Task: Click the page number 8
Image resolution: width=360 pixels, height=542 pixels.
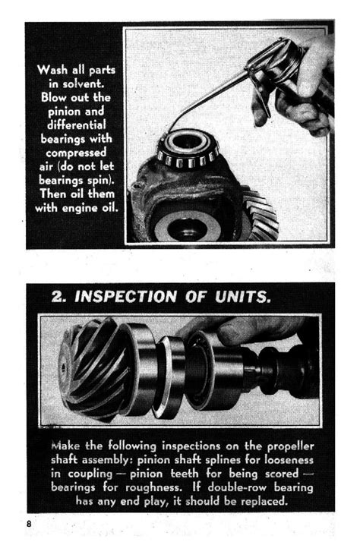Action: tap(29, 523)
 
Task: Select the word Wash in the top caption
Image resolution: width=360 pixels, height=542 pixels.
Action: tap(52, 70)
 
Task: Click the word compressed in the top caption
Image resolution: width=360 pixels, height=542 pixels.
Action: tap(76, 153)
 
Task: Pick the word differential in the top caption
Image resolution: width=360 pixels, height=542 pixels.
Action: tap(77, 124)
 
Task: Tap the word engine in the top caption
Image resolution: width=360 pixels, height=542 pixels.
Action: tap(81, 208)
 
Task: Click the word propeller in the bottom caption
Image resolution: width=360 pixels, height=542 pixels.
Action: tap(290, 446)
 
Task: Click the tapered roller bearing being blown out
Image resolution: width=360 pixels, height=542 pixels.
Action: tap(188, 149)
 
